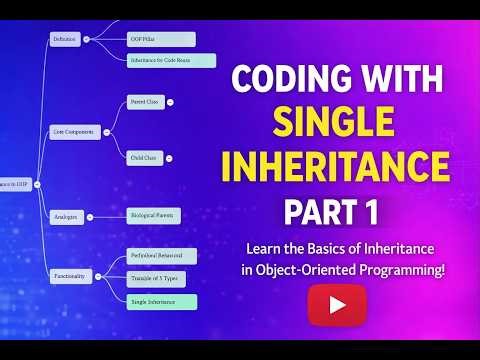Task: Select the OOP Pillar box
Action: pyautogui.click(x=146, y=39)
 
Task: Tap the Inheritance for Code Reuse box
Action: pyautogui.click(x=171, y=60)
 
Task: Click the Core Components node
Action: pyautogui.click(x=75, y=131)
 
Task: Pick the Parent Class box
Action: pyautogui.click(x=144, y=102)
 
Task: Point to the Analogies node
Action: pyautogui.click(x=66, y=216)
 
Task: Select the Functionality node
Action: pyautogui.click(x=71, y=275)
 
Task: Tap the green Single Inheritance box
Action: pyautogui.click(x=161, y=301)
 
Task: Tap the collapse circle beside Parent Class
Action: pyautogui.click(x=170, y=102)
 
